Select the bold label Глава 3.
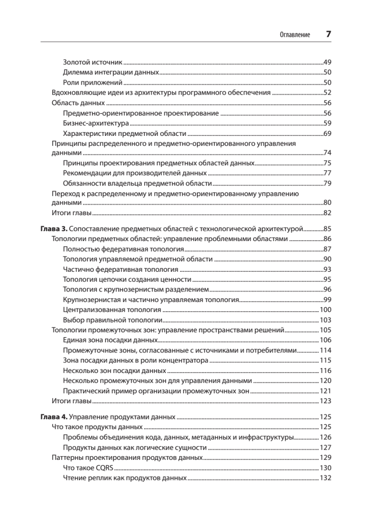point(54,229)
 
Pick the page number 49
point(327,62)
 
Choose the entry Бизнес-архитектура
point(96,123)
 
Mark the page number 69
point(327,133)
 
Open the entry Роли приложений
point(92,82)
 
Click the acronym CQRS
point(99,467)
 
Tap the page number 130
point(325,467)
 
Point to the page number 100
point(325,309)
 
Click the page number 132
point(325,478)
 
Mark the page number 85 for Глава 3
point(327,229)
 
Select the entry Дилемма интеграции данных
point(111,72)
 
